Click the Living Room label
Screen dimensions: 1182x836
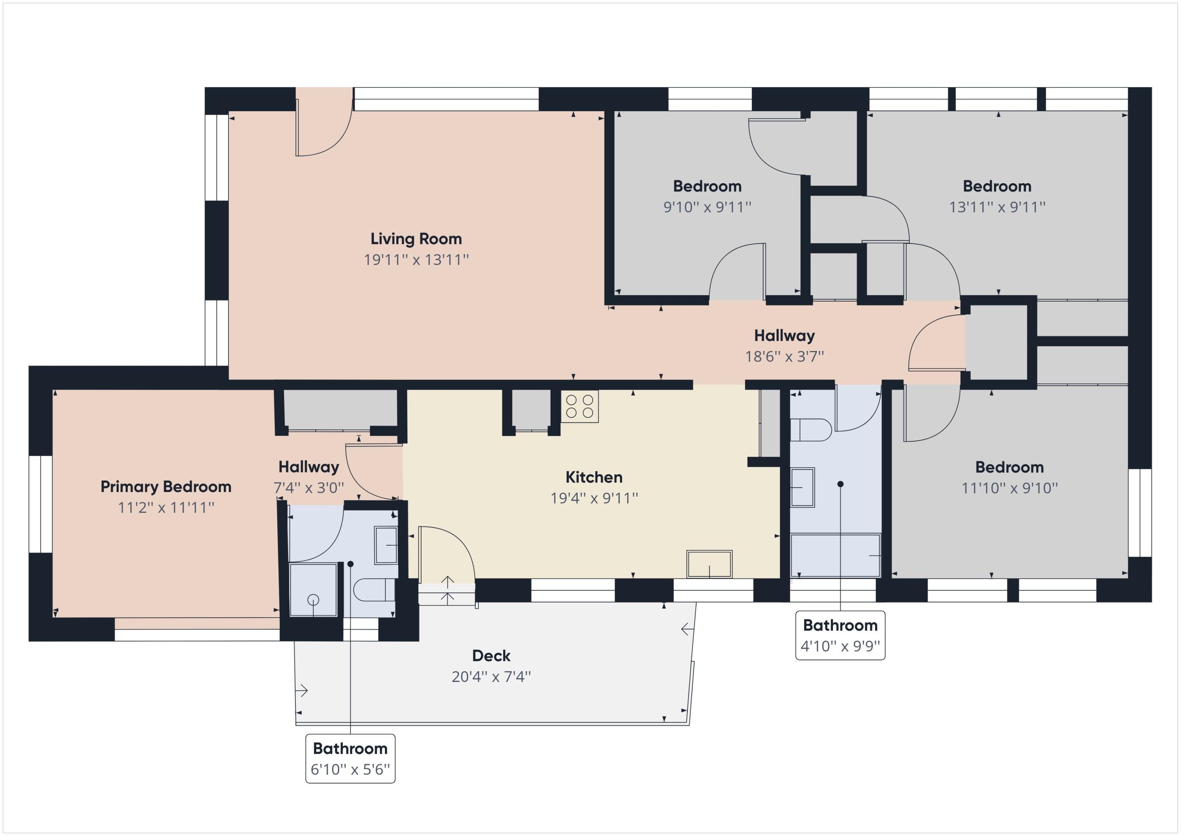[416, 239]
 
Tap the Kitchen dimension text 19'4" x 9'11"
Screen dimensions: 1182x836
[594, 498]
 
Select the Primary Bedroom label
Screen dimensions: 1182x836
[166, 487]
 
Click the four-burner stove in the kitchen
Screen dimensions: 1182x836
[580, 407]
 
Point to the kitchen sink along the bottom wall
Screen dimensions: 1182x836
[710, 564]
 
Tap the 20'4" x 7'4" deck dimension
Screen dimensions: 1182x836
[491, 676]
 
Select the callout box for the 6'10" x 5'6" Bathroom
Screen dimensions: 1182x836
[351, 759]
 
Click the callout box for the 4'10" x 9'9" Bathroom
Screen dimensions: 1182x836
[840, 635]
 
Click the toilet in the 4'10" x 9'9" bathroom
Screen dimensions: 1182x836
[810, 430]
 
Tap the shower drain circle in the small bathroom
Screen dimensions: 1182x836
[313, 600]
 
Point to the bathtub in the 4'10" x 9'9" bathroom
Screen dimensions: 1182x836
[835, 555]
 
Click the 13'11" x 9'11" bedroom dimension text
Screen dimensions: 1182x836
[997, 207]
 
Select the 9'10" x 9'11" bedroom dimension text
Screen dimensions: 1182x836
[707, 207]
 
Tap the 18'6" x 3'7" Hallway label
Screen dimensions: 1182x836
[784, 336]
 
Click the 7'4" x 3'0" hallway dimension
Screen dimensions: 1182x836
[309, 487]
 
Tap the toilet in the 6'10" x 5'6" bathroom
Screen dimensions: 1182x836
[374, 590]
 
